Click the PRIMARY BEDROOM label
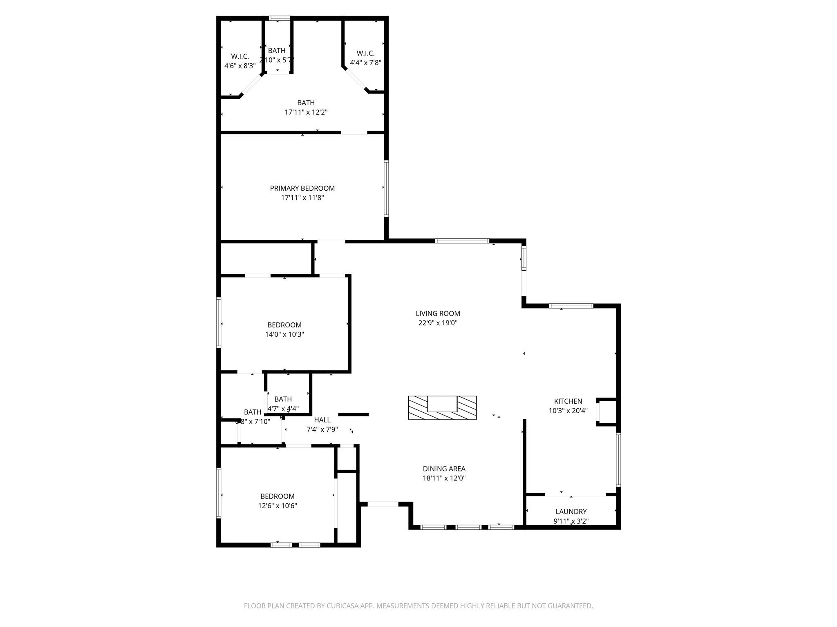pos(302,188)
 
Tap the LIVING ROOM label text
pos(438,313)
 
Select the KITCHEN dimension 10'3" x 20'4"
pos(568,411)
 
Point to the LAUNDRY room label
pos(571,511)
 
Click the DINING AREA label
pos(444,469)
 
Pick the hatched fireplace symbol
pos(442,407)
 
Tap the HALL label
pos(322,420)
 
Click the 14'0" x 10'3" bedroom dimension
pos(284,334)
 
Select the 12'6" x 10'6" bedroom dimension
pos(278,506)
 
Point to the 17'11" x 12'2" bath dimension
pos(306,112)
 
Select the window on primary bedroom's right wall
pos(386,188)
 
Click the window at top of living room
pos(462,241)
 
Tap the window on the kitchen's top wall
pos(571,306)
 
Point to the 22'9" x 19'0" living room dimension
pos(438,323)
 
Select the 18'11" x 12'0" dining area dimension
pos(444,478)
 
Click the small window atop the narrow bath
pos(280,18)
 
